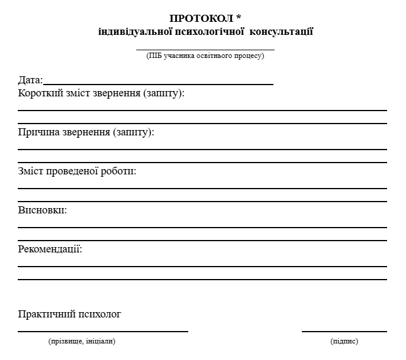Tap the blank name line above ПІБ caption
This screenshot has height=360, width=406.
click(x=205, y=50)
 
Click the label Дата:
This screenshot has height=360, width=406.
click(x=30, y=80)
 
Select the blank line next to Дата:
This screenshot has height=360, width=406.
click(x=158, y=85)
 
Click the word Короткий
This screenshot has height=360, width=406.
click(x=39, y=93)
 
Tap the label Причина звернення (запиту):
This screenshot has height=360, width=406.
click(x=86, y=132)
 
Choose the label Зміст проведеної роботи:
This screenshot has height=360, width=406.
click(x=78, y=171)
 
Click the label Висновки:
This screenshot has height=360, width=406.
click(x=43, y=210)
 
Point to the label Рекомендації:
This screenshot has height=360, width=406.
click(x=50, y=249)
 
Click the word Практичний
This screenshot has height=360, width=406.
click(x=47, y=314)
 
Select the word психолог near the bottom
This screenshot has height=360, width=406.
click(x=100, y=314)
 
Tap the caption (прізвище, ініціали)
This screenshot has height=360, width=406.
click(x=82, y=341)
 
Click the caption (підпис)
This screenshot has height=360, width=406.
click(x=344, y=341)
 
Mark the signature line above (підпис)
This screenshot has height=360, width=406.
click(x=344, y=332)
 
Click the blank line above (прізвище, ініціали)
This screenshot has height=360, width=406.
click(x=103, y=332)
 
